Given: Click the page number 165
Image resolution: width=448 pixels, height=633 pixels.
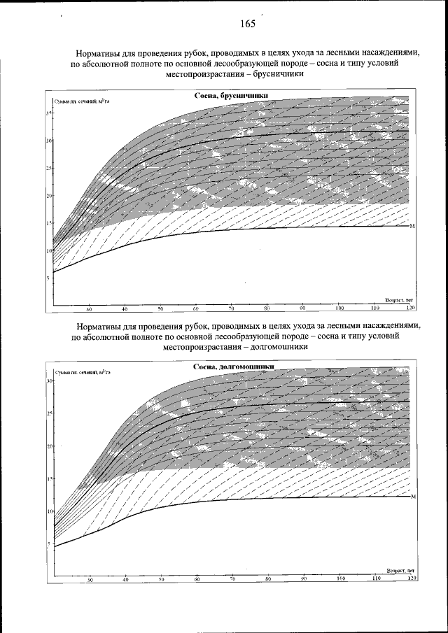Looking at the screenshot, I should (246, 24).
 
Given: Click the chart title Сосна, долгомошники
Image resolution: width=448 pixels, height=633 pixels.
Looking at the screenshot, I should (233, 367).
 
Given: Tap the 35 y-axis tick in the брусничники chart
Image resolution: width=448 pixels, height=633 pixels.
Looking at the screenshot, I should (48, 113).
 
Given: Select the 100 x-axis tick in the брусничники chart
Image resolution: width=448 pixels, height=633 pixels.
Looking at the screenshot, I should (339, 308).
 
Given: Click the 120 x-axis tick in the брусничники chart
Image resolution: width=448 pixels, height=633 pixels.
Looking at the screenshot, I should (411, 308).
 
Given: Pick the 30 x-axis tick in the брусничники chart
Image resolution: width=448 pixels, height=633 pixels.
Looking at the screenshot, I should (89, 308).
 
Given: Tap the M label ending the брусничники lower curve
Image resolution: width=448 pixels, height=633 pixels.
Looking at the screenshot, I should (413, 226).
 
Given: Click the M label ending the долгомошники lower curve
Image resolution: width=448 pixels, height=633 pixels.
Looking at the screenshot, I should (413, 497).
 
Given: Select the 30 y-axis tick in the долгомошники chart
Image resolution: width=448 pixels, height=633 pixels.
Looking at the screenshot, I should (48, 381).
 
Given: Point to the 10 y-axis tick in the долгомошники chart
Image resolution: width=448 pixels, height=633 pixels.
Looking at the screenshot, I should (48, 511).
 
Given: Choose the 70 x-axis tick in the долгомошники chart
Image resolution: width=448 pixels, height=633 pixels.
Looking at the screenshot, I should (232, 579).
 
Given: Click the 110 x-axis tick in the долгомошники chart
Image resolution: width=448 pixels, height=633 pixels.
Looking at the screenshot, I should (376, 579).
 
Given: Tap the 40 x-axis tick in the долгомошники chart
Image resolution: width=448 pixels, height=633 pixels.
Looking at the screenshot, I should (125, 579).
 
